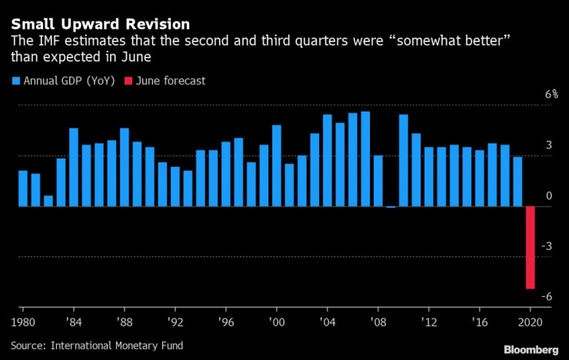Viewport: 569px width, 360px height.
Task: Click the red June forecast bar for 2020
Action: (531, 247)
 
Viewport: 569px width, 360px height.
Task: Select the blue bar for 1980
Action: (23, 188)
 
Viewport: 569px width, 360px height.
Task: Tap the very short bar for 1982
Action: (48, 201)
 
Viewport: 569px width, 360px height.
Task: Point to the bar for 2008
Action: (378, 181)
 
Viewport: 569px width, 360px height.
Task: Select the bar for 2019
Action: (518, 182)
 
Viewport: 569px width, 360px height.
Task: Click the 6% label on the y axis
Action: (530, 95)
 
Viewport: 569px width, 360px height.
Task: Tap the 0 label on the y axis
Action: (527, 196)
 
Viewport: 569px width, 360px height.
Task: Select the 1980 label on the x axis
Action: (22, 322)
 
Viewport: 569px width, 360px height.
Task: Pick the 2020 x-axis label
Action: (531, 322)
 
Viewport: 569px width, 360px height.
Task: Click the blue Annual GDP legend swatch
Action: (15, 80)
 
